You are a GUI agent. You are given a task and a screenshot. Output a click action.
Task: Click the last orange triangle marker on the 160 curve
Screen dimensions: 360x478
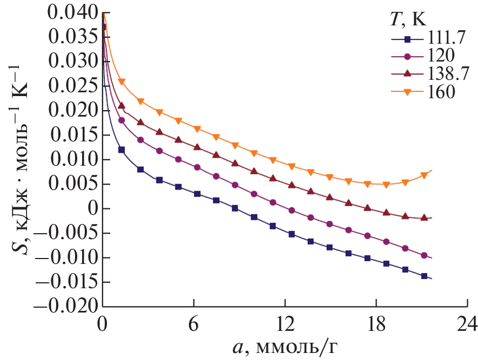click(x=424, y=175)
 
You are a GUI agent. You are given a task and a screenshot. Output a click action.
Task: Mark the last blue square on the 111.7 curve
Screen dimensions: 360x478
click(x=424, y=276)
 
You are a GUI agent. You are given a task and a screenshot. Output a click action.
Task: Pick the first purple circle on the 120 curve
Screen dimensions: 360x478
click(x=122, y=120)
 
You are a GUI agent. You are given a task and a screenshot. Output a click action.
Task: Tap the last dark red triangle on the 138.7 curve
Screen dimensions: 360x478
click(x=424, y=218)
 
